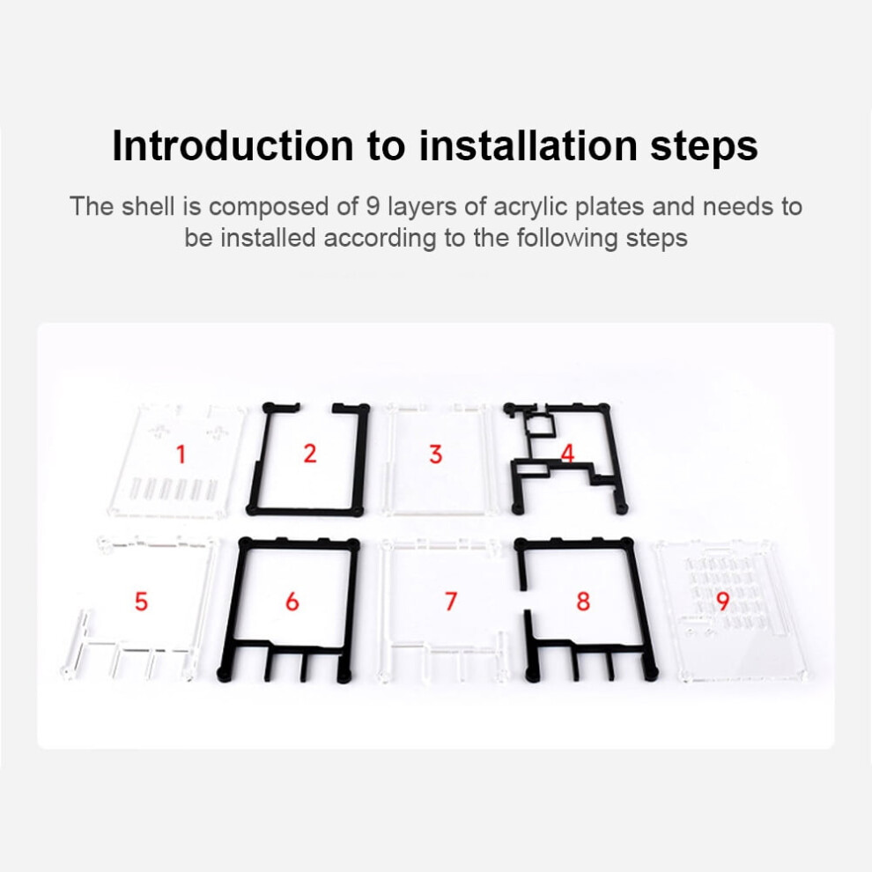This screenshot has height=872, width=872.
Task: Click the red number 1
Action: [181, 454]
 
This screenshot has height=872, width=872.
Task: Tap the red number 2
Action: [310, 454]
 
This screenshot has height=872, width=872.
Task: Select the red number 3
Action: [436, 454]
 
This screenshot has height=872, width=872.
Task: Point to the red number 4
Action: [567, 454]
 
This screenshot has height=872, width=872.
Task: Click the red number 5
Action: [141, 602]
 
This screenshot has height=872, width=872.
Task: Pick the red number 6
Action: [292, 602]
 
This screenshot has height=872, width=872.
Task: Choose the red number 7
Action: [451, 602]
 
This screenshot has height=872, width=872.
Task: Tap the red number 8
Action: [583, 602]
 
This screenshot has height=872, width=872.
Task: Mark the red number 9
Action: [722, 601]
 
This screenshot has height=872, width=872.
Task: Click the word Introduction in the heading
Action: [233, 145]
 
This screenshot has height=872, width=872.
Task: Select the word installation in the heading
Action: [528, 145]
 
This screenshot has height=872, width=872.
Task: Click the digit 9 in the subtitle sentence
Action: [373, 207]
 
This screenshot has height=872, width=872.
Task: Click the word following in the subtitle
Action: [567, 239]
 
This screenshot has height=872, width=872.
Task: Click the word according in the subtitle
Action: [380, 239]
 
